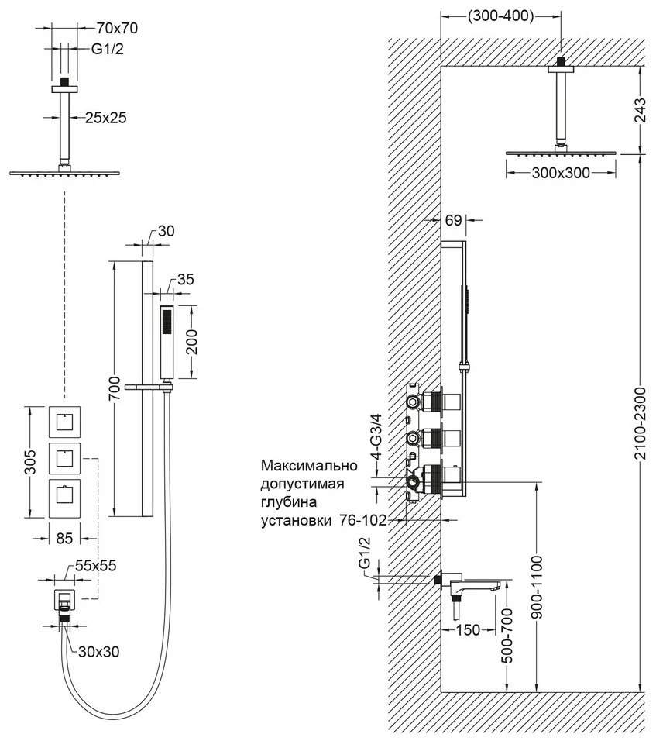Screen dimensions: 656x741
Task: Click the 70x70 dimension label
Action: pos(117,29)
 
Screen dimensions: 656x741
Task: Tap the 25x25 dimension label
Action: pos(106,118)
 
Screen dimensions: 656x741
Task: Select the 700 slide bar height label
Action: pos(115,388)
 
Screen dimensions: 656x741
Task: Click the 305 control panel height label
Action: pos(29,462)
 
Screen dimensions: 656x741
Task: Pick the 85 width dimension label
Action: pos(64,538)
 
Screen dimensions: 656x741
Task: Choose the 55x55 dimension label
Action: pos(95,565)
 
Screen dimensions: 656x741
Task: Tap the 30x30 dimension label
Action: pos(98,652)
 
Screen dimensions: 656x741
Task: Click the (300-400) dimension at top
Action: pos(500,16)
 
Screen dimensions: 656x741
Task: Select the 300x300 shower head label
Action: pos(561,173)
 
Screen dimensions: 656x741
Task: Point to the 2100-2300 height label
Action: pos(640,423)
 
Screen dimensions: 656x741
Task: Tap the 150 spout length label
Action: pos(468,629)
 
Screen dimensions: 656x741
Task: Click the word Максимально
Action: pos(309,466)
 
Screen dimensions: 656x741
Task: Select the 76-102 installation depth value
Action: pos(362,520)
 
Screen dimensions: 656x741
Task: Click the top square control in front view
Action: pos(64,422)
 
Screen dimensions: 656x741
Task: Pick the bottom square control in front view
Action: pos(64,495)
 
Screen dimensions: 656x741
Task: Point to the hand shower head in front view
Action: pos(167,342)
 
